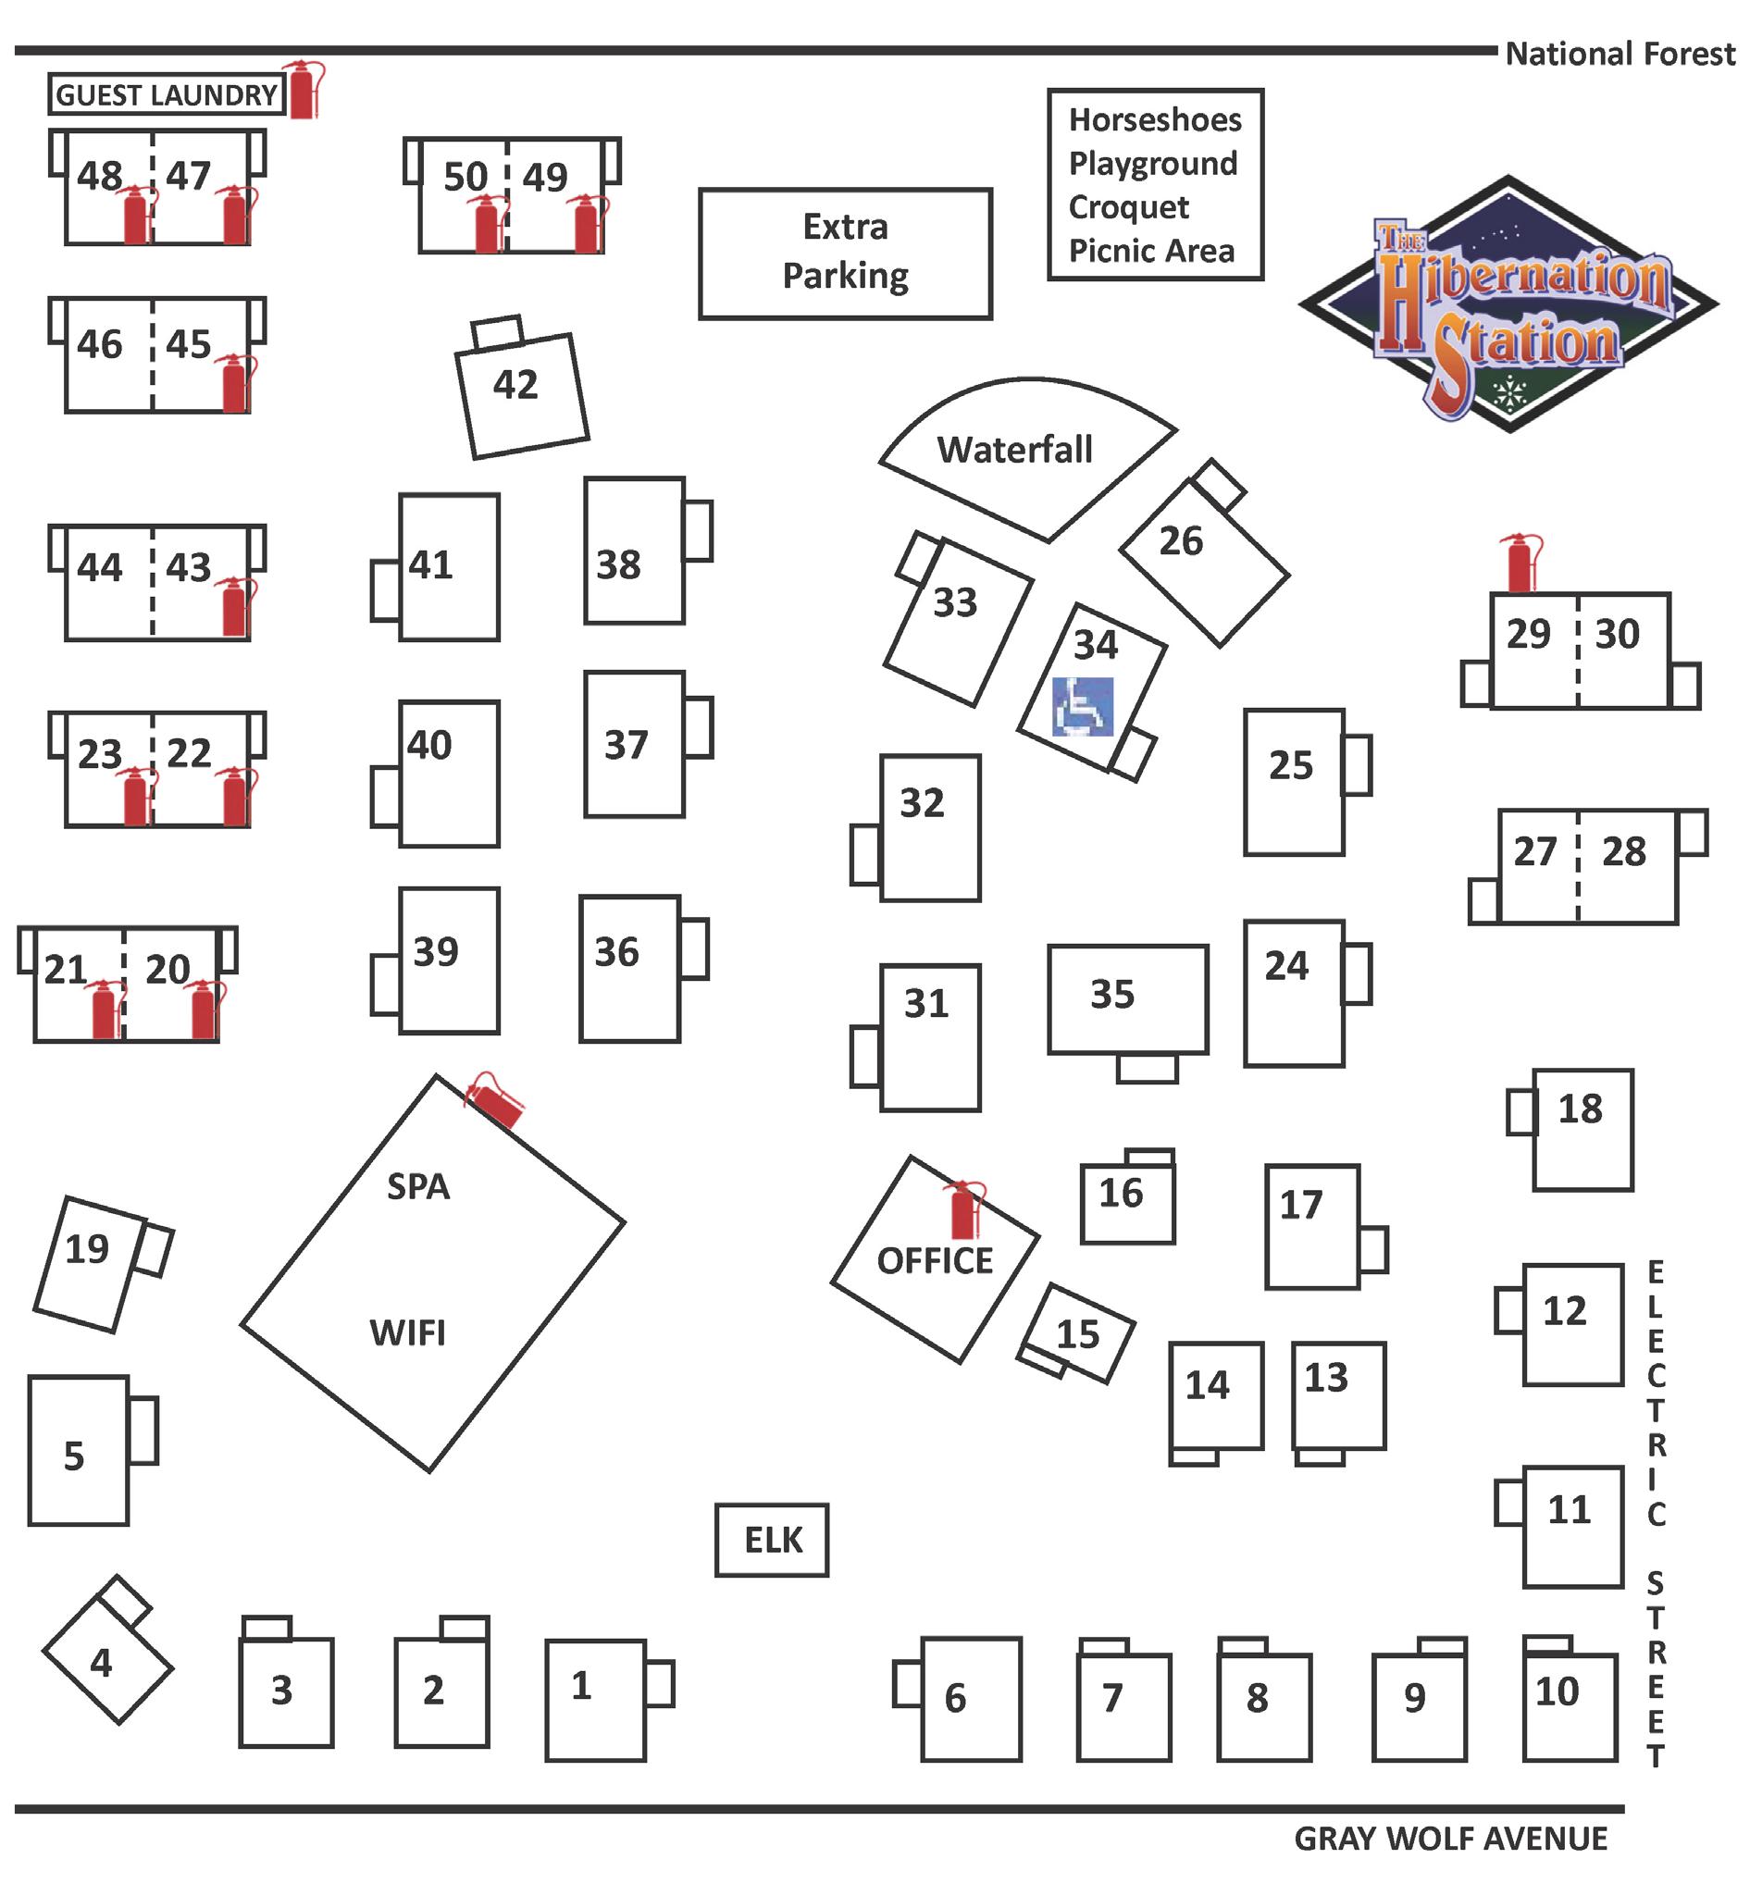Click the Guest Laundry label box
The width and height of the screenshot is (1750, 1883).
click(167, 94)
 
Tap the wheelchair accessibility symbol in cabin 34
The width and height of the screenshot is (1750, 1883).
click(1083, 706)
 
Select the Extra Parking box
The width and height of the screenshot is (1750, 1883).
click(845, 253)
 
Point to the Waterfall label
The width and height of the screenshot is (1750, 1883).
click(1014, 449)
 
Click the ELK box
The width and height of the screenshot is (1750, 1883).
click(772, 1541)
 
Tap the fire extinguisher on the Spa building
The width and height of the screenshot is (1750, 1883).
click(494, 1102)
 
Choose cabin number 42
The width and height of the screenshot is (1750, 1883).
click(515, 384)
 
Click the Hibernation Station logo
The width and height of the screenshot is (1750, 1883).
click(1508, 304)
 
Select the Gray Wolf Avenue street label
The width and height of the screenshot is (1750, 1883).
click(1450, 1839)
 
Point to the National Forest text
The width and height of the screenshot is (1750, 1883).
click(1620, 54)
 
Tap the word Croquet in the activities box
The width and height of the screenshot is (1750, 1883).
click(1129, 207)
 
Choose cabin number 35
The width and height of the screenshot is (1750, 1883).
click(1111, 994)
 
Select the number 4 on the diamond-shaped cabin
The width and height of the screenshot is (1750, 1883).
click(100, 1664)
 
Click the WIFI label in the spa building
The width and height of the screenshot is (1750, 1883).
click(407, 1333)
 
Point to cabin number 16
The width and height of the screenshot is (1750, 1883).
click(1121, 1193)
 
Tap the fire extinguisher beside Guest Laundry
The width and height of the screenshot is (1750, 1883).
click(303, 90)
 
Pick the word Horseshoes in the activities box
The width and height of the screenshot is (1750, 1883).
click(1154, 120)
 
